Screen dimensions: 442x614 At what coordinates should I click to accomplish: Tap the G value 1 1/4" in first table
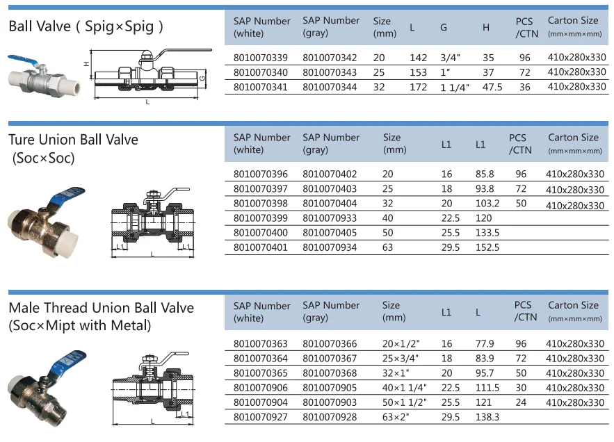[x=455, y=88]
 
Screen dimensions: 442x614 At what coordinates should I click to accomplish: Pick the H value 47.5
[x=492, y=87]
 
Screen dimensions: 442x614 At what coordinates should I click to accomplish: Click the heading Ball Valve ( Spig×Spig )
[x=86, y=27]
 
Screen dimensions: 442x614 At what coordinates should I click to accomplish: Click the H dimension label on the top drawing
[x=86, y=63]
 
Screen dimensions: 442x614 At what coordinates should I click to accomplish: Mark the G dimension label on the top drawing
[x=201, y=79]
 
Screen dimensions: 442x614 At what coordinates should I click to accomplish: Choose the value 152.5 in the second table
[x=487, y=247]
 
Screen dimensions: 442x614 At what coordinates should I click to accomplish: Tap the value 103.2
[x=487, y=204]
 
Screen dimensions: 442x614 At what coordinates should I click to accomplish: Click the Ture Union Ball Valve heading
[x=73, y=140]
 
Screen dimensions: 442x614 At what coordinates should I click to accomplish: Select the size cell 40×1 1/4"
[x=405, y=388]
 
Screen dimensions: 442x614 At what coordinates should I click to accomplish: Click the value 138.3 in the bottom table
[x=487, y=417]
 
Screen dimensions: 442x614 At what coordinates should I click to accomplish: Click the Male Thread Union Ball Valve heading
[x=101, y=308]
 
